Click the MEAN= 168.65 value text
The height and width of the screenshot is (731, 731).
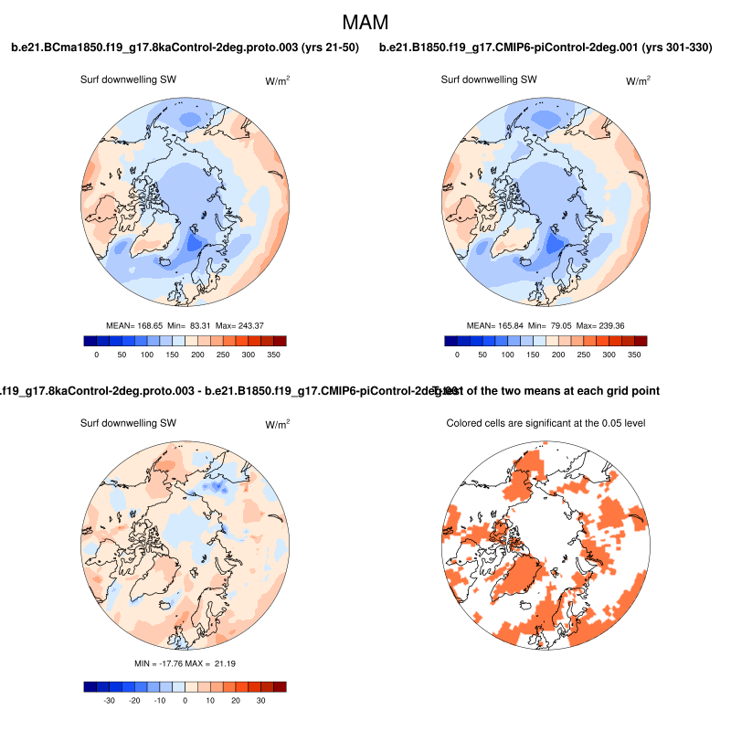tap(135, 325)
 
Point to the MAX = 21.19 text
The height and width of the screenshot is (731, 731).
tap(213, 662)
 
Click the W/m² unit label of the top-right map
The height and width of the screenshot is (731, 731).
tap(638, 81)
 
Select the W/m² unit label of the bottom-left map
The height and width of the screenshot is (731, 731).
tap(278, 425)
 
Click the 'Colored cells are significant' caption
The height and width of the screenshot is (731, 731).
tap(546, 423)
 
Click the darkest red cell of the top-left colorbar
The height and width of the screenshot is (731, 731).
tap(280, 341)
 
